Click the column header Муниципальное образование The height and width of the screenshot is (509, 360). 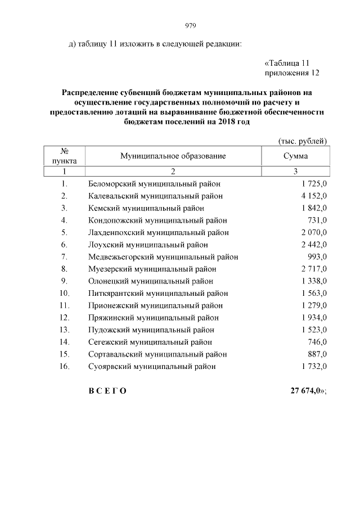(173, 156)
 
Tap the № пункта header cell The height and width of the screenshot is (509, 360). (65, 156)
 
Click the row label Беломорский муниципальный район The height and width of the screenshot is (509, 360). (154, 184)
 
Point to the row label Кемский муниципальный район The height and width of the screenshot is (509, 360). (146, 208)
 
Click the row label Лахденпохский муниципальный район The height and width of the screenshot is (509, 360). (159, 232)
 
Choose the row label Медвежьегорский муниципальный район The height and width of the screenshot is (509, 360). (163, 257)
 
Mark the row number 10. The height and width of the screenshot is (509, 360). (64, 293)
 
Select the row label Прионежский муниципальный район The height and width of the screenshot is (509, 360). (156, 305)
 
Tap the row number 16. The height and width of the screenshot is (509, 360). (64, 366)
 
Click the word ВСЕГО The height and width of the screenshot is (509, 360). (107, 391)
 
